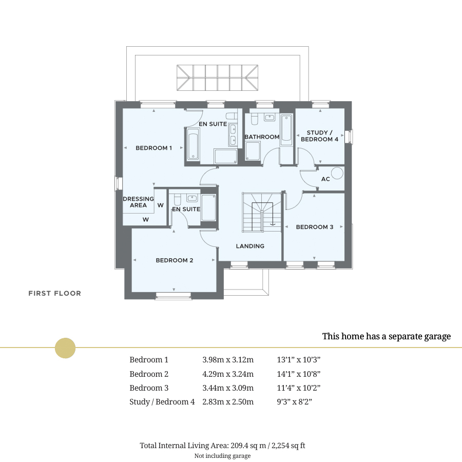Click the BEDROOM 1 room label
click(x=153, y=148)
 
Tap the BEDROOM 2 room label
click(x=175, y=260)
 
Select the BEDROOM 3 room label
click(x=315, y=227)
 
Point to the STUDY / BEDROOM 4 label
click(x=319, y=136)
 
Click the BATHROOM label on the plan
click(x=262, y=137)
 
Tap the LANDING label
click(x=250, y=246)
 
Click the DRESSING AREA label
click(x=138, y=202)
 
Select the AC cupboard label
click(x=325, y=179)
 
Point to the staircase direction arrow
click(x=272, y=223)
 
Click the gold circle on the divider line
click(x=65, y=348)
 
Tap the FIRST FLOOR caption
click(x=54, y=294)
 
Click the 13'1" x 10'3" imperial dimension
click(x=298, y=360)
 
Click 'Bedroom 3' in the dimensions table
click(x=149, y=388)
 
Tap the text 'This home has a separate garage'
click(x=386, y=336)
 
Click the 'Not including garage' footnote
click(x=222, y=456)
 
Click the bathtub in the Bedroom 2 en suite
click(x=208, y=208)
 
